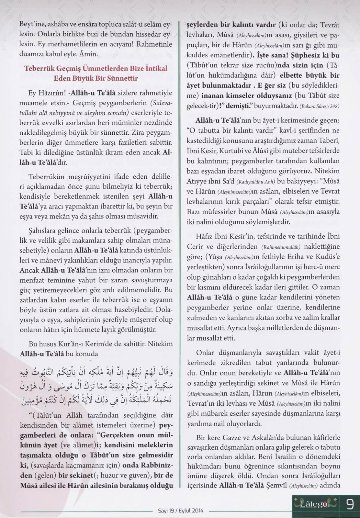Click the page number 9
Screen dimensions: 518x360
pos(350,505)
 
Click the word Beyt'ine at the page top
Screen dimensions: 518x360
pos(31,24)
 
